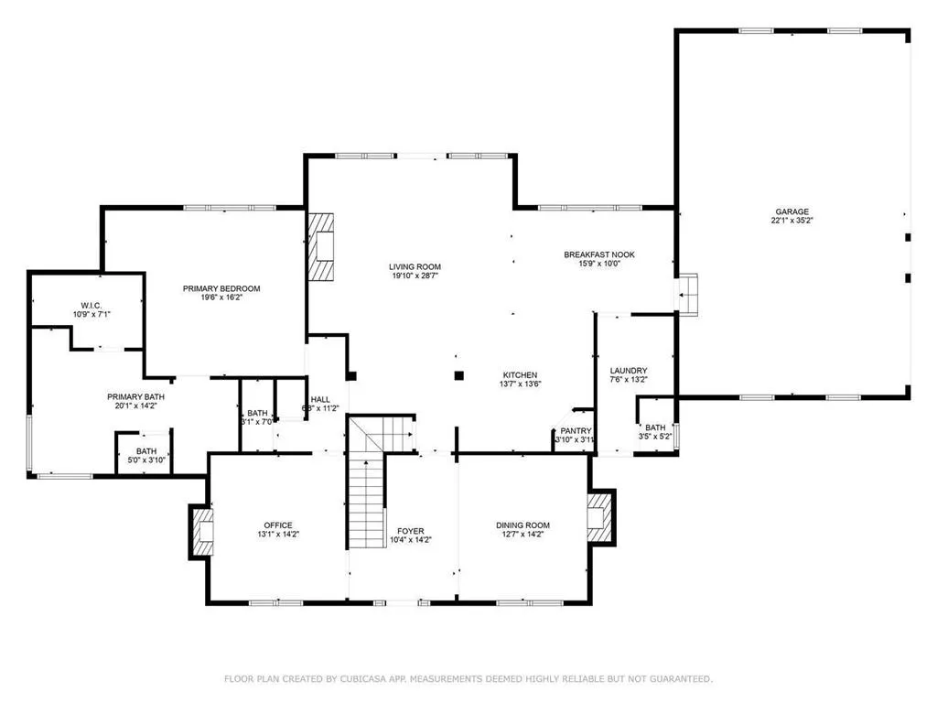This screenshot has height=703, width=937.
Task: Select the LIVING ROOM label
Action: [415, 267]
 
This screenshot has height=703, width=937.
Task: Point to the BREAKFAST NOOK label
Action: [598, 254]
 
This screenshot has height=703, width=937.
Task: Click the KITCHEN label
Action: [519, 375]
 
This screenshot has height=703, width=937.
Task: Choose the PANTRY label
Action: [576, 430]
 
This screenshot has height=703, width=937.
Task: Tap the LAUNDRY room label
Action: [629, 371]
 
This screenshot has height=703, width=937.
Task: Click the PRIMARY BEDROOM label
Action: [221, 288]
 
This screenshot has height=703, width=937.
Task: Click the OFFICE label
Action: [279, 525]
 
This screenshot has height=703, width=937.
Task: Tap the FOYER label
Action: [410, 531]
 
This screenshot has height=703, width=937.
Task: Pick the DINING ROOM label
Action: [523, 525]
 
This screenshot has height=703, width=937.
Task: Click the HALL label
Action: [319, 399]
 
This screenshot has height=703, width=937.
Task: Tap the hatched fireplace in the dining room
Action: [599, 518]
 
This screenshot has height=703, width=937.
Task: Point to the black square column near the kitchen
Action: [459, 373]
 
